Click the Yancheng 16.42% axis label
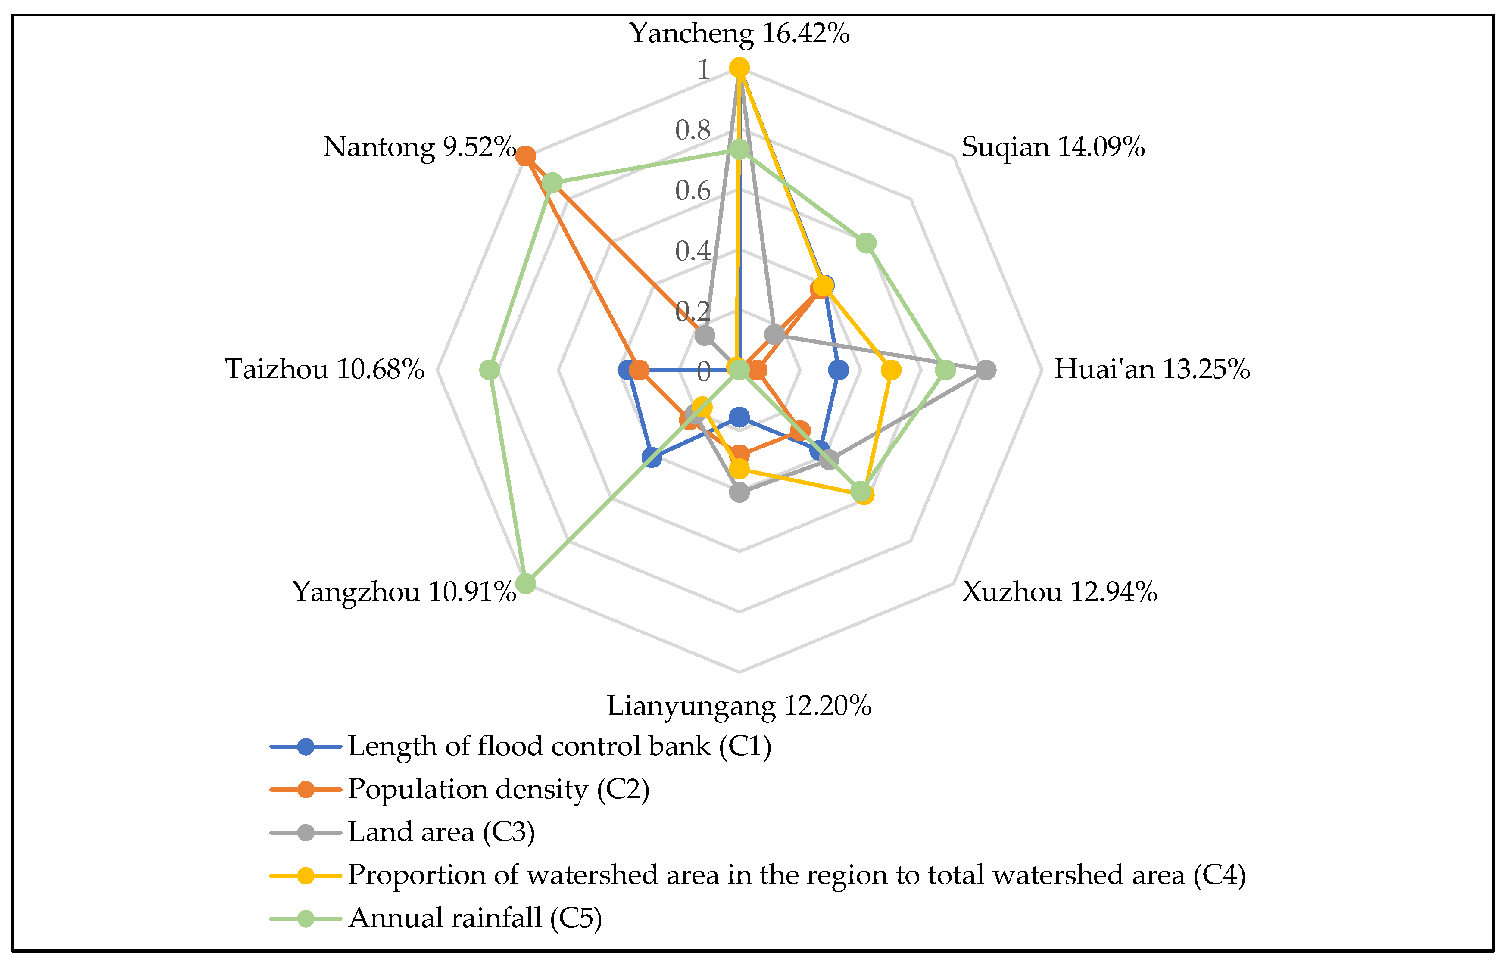coord(739,33)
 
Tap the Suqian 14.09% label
coord(1053,147)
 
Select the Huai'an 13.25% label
coord(1151,370)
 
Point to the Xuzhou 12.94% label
coord(1059,592)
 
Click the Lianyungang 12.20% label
coord(739,706)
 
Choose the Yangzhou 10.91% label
coord(404,592)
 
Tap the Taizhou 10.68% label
coord(325,370)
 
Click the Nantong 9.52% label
coord(419,147)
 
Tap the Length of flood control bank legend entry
coord(559,747)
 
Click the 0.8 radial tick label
coord(693,130)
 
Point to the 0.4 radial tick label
coord(693,252)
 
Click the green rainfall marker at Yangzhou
coord(526,583)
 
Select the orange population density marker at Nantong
coord(526,156)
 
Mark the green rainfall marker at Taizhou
coord(490,370)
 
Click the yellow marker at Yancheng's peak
coord(739,67)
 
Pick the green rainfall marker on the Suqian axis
coord(866,243)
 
